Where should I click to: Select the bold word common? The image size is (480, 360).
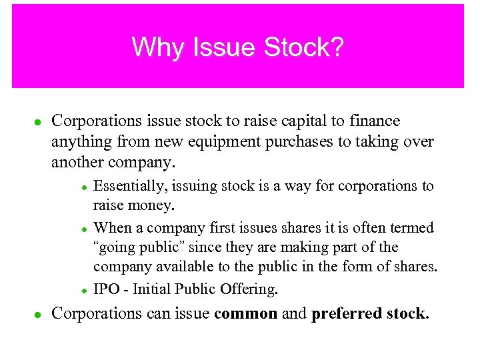(x=246, y=313)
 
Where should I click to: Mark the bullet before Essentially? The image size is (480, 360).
(x=85, y=187)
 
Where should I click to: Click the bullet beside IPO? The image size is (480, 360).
(x=85, y=290)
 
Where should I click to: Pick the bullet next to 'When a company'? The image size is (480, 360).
(x=85, y=229)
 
